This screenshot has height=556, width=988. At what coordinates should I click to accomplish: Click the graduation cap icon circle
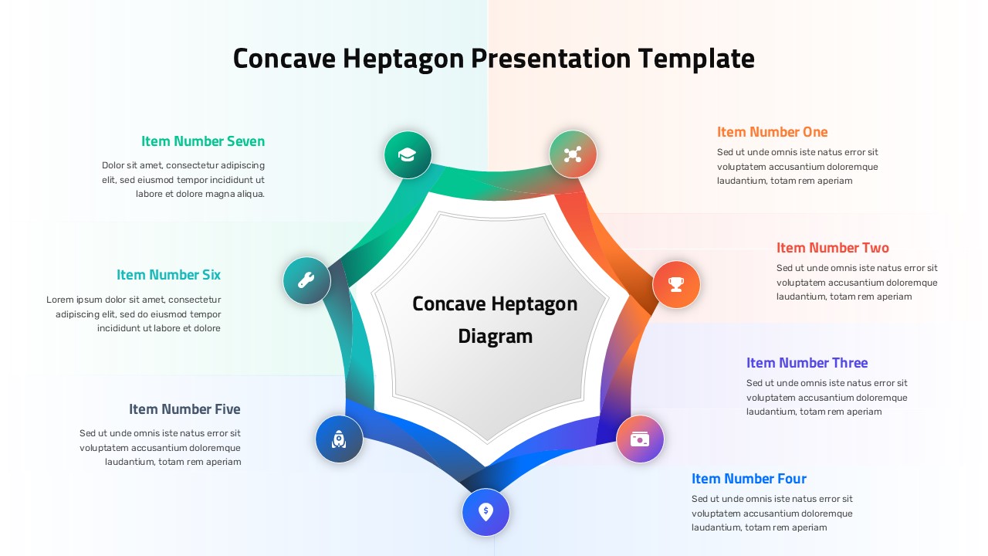click(x=408, y=154)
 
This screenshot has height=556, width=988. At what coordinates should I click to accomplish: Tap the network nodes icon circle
click(x=572, y=154)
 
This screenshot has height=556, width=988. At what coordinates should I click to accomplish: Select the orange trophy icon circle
click(x=676, y=284)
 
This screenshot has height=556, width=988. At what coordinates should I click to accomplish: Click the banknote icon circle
click(x=640, y=439)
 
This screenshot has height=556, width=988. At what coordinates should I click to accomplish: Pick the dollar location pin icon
click(x=486, y=512)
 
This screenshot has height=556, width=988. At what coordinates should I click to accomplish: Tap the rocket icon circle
click(x=339, y=439)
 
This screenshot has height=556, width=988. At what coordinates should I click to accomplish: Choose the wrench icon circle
click(x=306, y=280)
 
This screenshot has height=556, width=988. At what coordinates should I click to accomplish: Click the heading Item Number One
click(x=772, y=132)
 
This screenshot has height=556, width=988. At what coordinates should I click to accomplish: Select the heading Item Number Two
click(x=832, y=248)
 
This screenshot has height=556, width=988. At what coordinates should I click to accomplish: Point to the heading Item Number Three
click(x=807, y=363)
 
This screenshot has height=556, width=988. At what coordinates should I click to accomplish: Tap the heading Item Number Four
click(x=749, y=479)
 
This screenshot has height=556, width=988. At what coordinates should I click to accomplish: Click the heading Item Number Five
click(x=184, y=409)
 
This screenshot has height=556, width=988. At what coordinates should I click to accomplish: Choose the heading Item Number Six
click(x=168, y=275)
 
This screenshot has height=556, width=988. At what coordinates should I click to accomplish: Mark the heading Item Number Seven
click(x=202, y=141)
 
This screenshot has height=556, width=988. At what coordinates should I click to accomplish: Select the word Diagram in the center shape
click(x=495, y=337)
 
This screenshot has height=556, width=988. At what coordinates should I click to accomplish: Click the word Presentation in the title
click(x=551, y=59)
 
